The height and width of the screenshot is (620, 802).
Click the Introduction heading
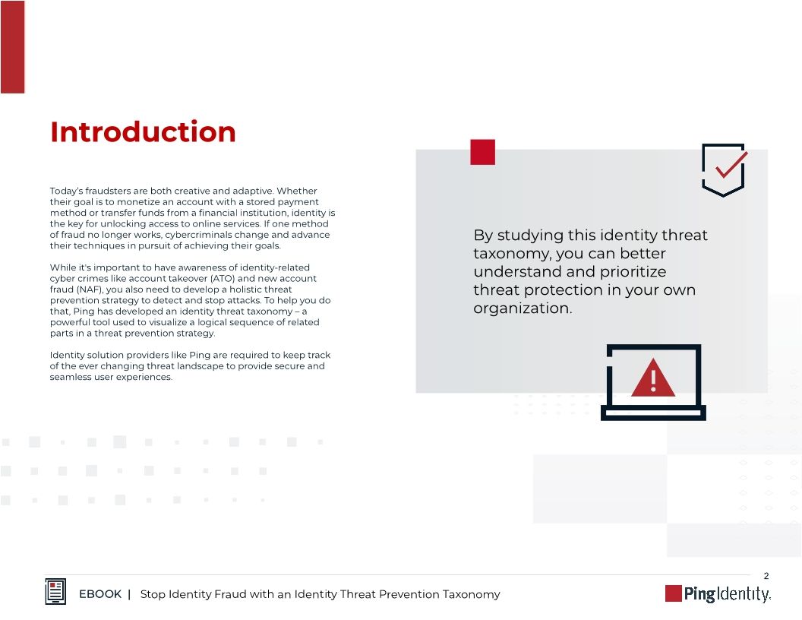coord(143,132)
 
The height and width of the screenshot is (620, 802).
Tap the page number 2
coord(766,575)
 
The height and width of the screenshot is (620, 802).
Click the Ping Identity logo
coord(718,593)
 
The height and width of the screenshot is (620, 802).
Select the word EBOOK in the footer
coord(100,594)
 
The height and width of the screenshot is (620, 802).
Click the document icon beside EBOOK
coord(55,592)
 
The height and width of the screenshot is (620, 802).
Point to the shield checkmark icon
coord(723,169)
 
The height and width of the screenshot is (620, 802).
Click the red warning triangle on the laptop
coord(652,378)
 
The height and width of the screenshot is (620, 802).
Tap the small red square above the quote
coord(482,152)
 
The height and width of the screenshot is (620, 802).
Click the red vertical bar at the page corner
coord(12,46)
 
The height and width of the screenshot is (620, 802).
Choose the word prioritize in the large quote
coord(629,272)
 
